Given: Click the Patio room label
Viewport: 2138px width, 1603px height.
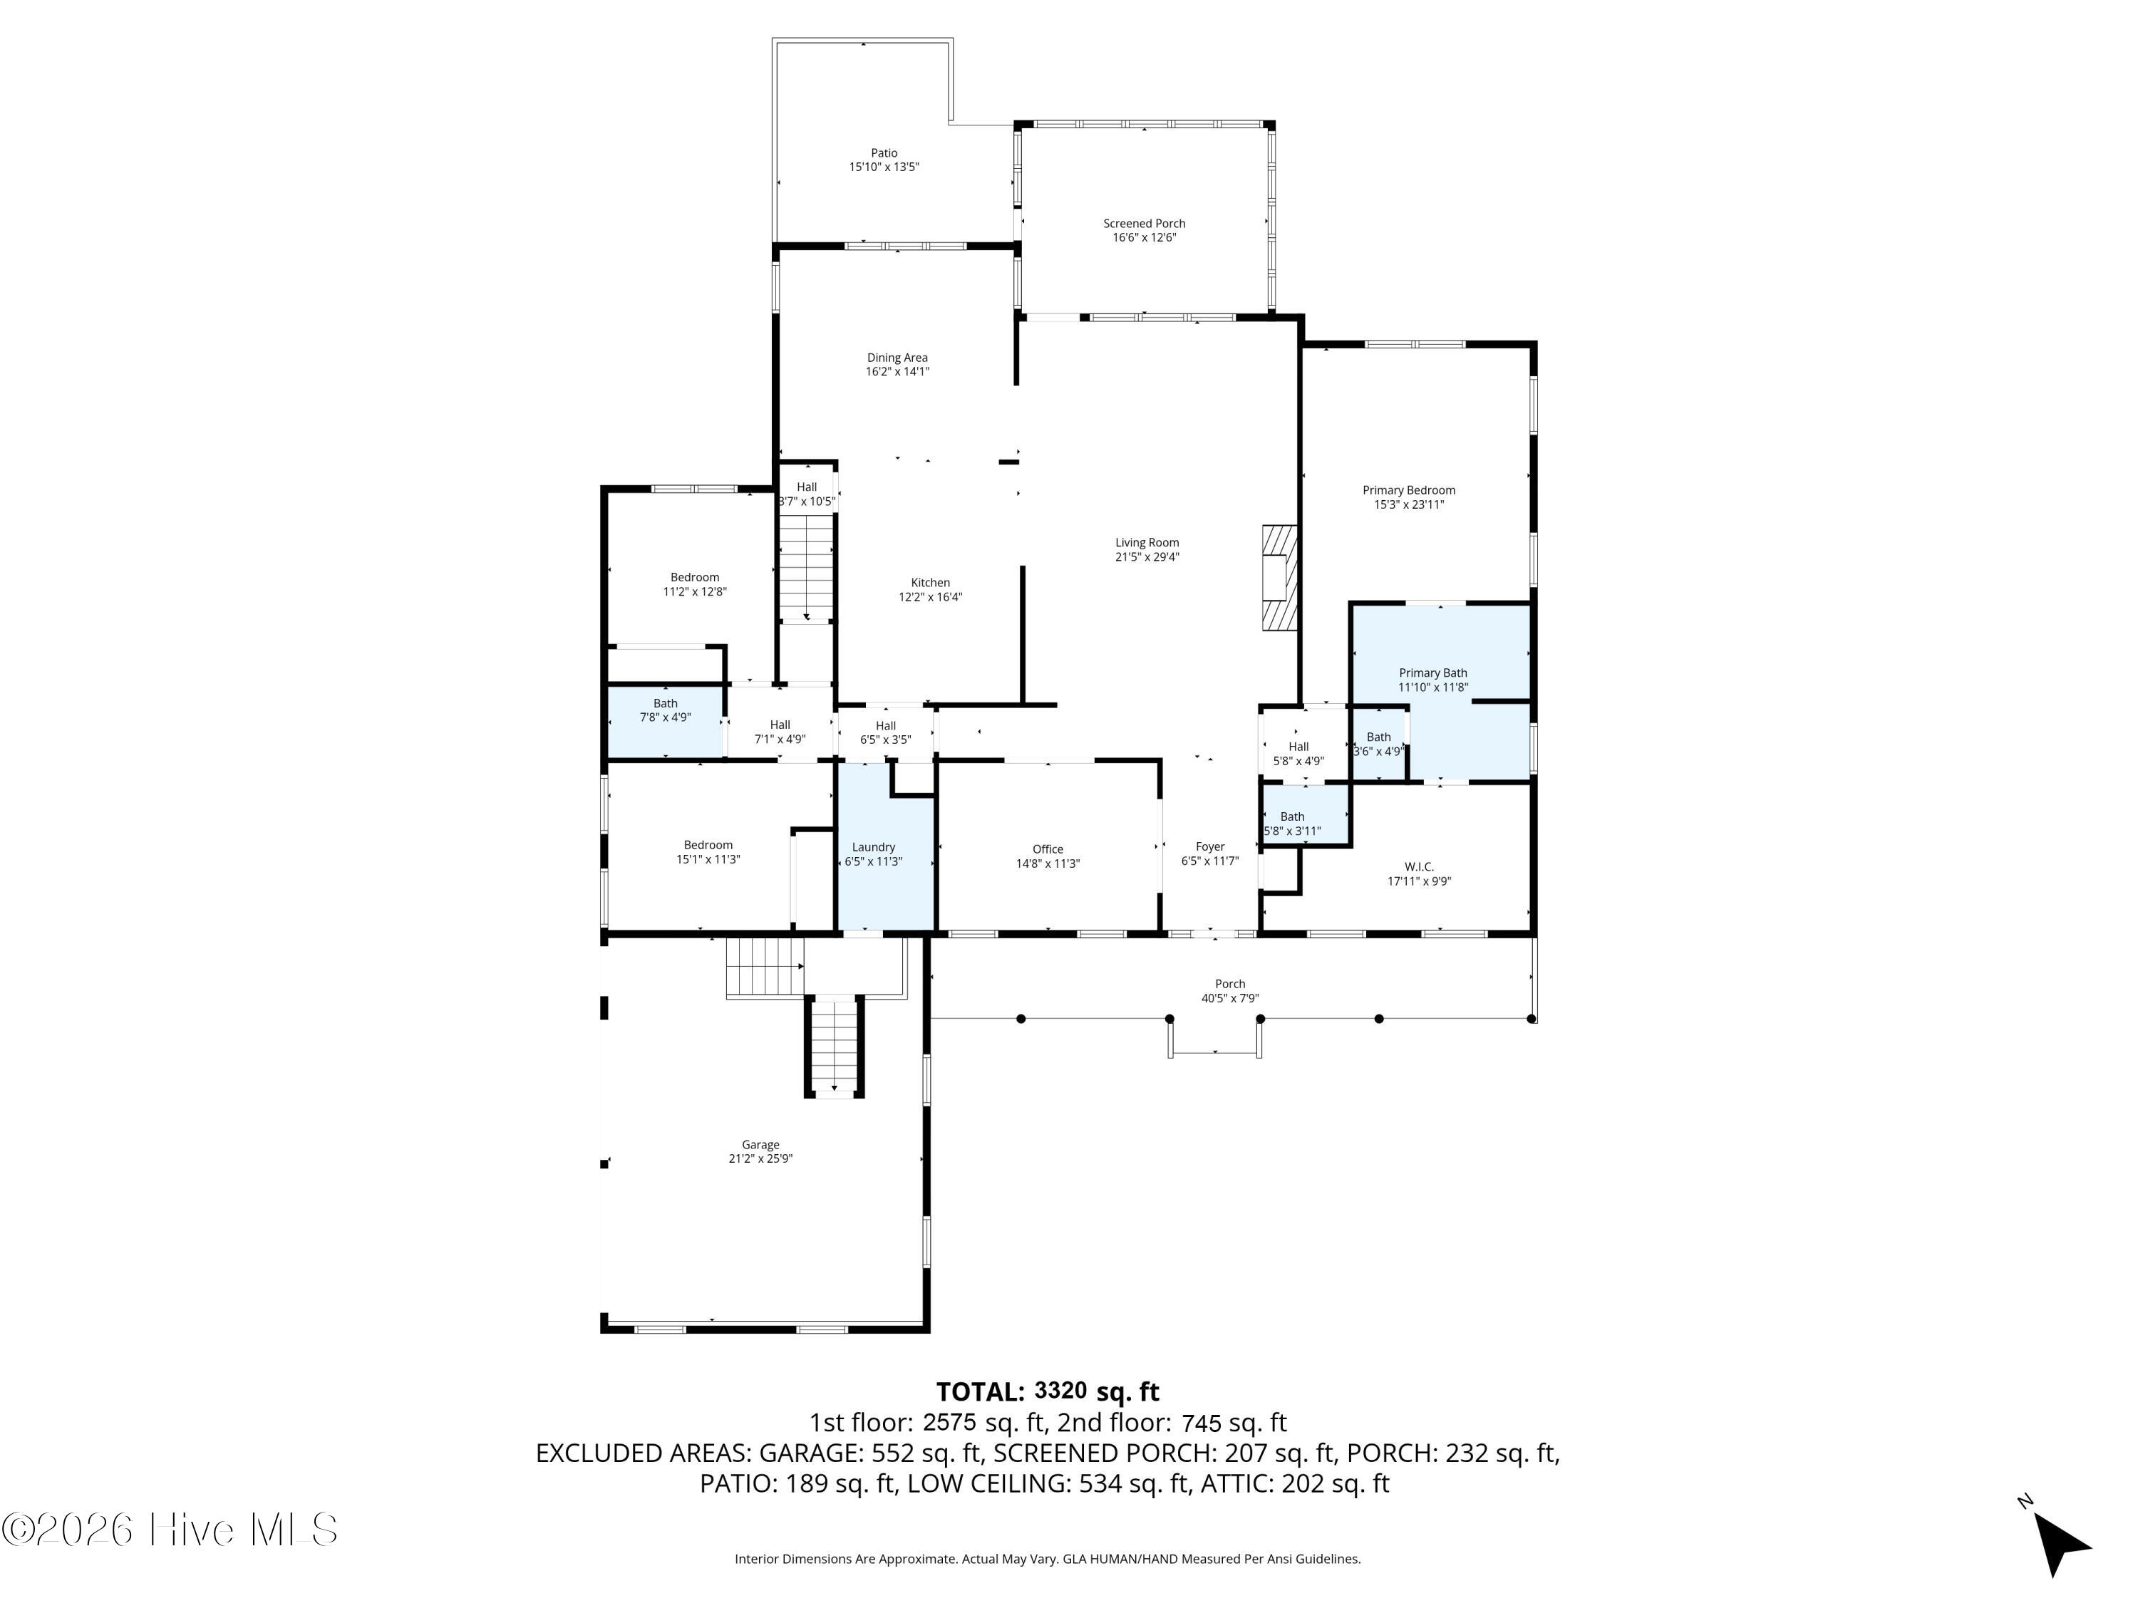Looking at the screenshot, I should [x=884, y=152].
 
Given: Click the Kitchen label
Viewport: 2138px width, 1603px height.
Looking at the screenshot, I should [x=930, y=583].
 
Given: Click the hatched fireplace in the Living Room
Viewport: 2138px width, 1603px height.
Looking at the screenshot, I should [x=1279, y=579].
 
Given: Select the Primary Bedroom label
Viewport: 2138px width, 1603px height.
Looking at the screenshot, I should [x=1408, y=490].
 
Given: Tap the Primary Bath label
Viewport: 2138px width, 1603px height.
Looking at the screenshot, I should [x=1432, y=673].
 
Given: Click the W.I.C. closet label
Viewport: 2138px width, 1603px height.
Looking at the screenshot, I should [x=1419, y=867].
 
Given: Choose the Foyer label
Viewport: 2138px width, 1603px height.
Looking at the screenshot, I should [x=1209, y=846].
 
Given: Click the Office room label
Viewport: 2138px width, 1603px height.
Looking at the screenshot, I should [x=1047, y=849].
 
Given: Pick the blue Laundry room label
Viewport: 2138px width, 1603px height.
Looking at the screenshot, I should [x=873, y=847].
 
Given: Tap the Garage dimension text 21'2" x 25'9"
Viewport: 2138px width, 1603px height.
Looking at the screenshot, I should [x=760, y=1158].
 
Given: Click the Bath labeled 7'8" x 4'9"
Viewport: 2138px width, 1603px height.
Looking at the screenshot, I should [x=665, y=710].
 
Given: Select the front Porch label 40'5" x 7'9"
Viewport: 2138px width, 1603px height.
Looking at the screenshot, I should [x=1229, y=984].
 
